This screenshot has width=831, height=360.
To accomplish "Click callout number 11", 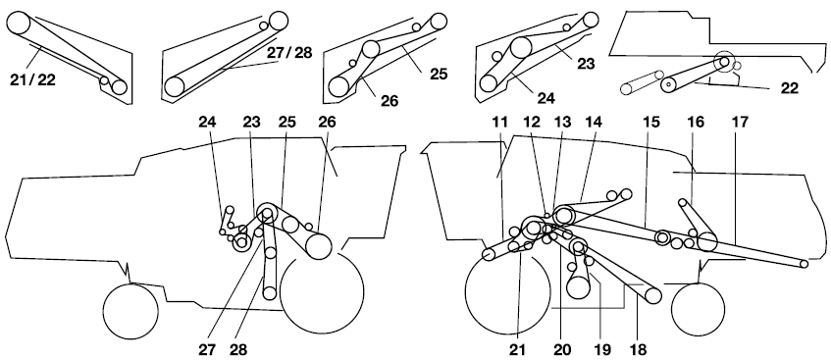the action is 499,123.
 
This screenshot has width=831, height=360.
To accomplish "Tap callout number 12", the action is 532,123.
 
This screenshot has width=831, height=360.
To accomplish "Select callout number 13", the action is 562,123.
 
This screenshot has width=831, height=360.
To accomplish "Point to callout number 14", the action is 593,123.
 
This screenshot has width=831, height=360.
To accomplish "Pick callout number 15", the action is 651,123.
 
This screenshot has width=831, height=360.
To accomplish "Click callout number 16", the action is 696,123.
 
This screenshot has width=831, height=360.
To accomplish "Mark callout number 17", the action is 740,123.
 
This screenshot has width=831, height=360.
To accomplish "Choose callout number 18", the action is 638,349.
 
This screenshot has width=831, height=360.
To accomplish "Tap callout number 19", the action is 601,349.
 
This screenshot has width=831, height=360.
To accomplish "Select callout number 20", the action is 562,349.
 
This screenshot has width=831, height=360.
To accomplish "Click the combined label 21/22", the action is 32,79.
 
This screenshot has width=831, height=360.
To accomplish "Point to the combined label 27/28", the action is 289,53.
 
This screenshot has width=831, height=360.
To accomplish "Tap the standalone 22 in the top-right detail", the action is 789,88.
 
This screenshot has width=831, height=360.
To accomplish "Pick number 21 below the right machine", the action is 518,349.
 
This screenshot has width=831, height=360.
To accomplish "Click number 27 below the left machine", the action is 209,349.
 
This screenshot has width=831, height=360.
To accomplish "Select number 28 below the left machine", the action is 238,349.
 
